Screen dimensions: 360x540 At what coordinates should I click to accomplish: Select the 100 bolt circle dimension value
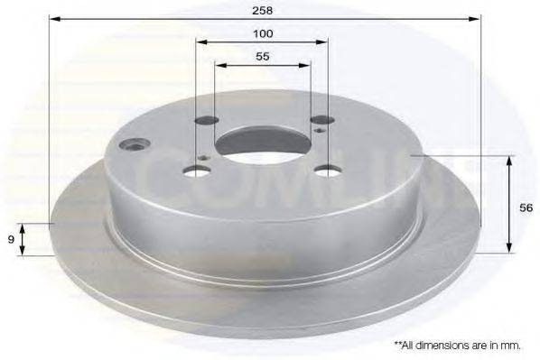[x=264, y=33]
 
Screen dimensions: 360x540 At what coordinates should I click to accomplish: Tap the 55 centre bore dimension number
[x=264, y=56]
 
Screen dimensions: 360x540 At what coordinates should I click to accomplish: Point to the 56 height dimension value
[x=526, y=207]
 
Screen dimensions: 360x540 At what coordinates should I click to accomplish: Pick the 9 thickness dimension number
[x=10, y=239]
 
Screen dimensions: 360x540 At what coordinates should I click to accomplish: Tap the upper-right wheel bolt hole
[x=321, y=118]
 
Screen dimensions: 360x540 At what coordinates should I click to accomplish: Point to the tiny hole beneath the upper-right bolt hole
[x=322, y=132]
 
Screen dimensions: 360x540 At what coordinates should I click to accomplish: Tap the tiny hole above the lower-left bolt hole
[x=207, y=159]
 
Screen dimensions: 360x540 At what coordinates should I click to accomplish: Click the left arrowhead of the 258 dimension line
[x=53, y=18]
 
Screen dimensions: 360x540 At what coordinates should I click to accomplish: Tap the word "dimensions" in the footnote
[x=441, y=345]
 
